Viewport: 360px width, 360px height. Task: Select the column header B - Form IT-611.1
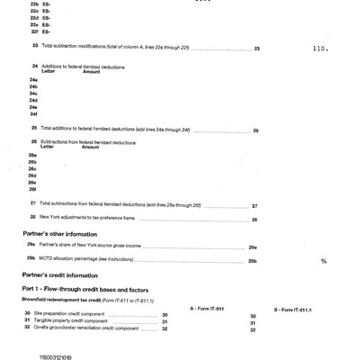(x=293, y=308)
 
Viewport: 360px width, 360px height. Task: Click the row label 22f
(x=33, y=31)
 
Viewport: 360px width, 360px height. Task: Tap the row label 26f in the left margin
(x=33, y=190)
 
